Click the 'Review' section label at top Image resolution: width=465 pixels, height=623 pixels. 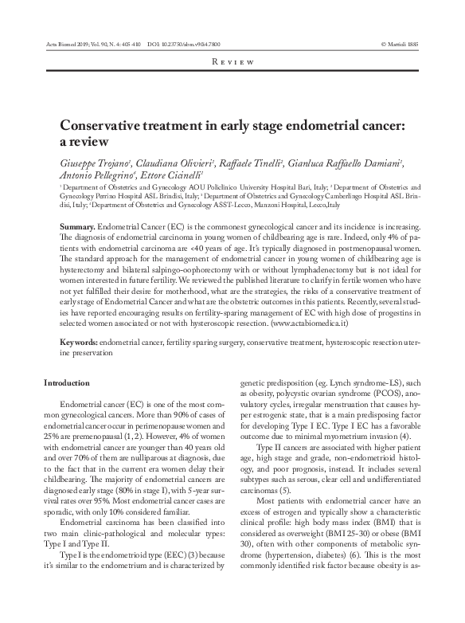(x=232, y=61)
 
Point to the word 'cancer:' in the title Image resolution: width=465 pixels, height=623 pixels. (x=385, y=126)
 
